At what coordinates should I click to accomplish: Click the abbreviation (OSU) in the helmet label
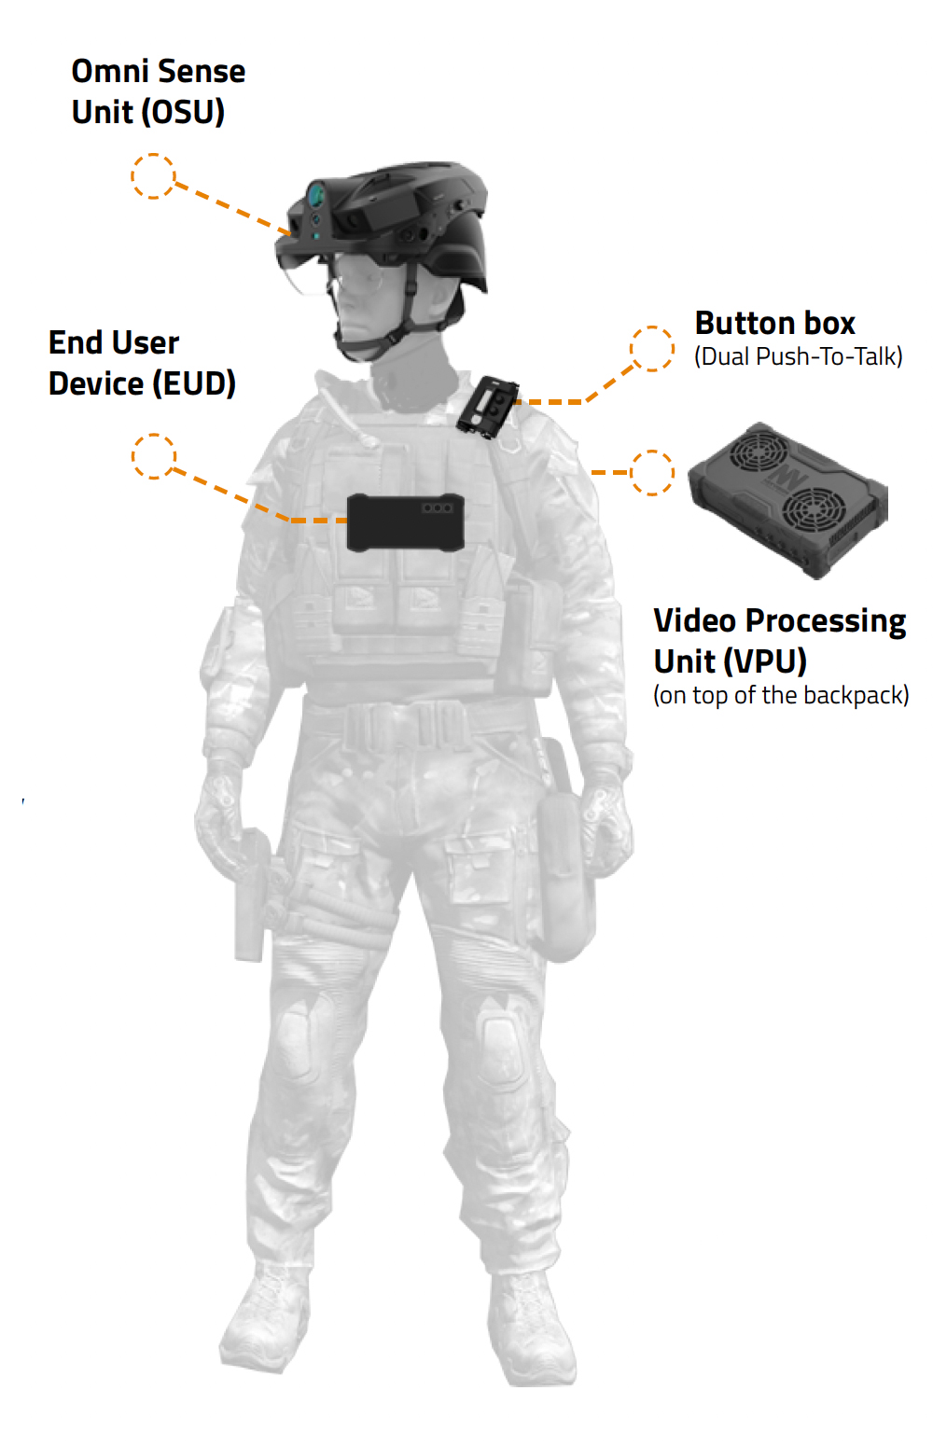pos(183,112)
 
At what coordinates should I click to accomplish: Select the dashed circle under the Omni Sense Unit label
pos(154,176)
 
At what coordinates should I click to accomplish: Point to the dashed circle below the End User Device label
pos(154,456)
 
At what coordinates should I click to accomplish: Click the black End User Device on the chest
pos(406,522)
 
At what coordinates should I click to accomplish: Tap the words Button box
pos(774,323)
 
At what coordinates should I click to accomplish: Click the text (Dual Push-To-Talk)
pos(799,356)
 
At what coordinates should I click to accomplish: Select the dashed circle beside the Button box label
pos(652,349)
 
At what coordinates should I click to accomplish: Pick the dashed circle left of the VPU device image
pos(652,473)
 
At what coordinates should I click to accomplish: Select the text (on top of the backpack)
pos(781,695)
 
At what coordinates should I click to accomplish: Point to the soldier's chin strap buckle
pos(391,338)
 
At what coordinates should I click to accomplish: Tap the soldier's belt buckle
pos(406,724)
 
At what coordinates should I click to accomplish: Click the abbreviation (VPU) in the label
pos(765,661)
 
